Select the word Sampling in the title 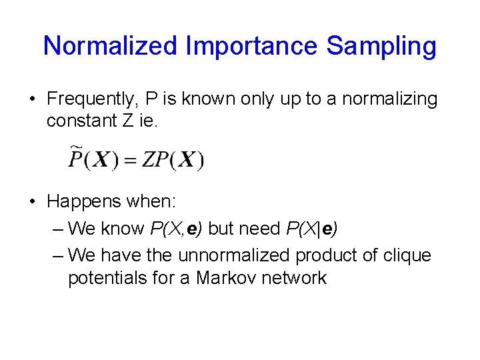point(381,46)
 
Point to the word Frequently point(89,99)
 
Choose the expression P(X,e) point(177,228)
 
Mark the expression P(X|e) point(311,228)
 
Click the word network point(296,277)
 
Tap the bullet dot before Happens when point(33,201)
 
